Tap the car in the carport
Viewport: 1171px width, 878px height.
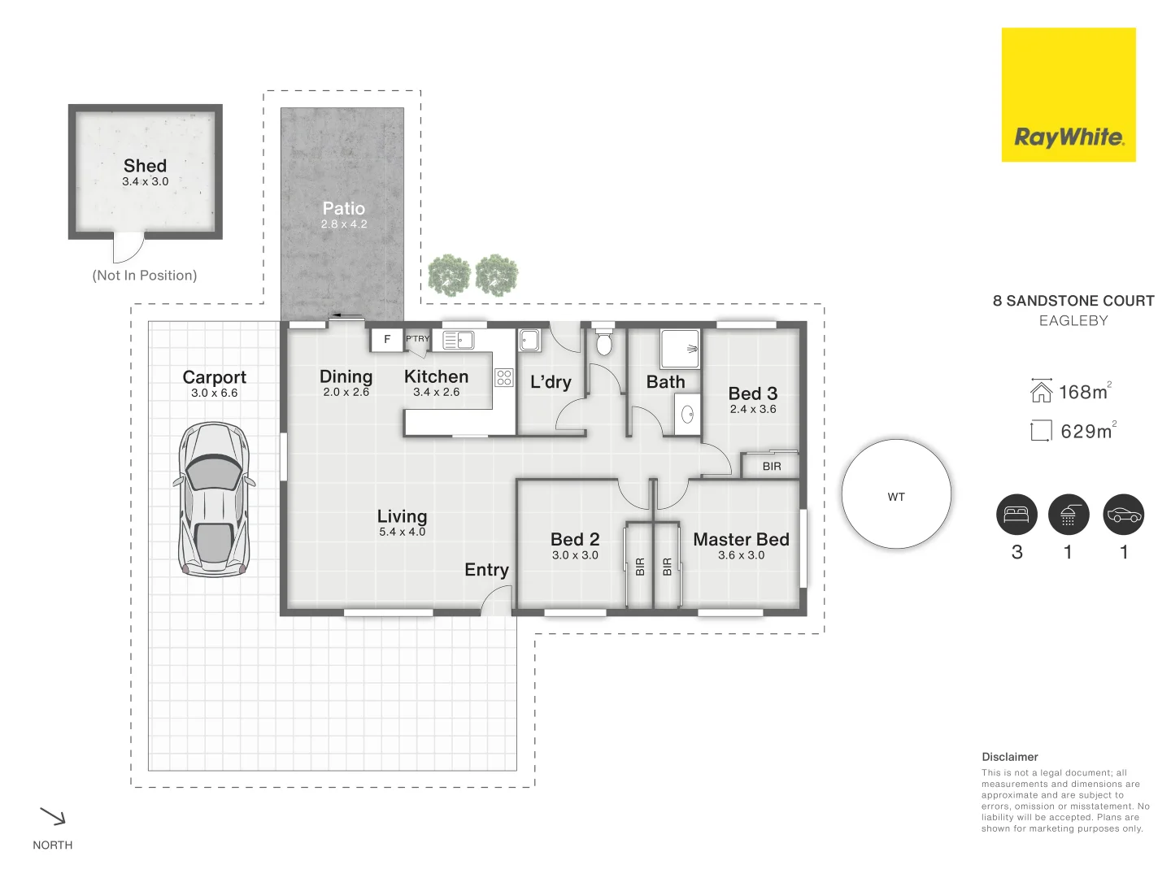(x=213, y=499)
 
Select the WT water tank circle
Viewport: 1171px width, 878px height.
(x=896, y=494)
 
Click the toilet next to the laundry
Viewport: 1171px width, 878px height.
(x=603, y=342)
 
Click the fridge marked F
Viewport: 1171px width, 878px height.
(x=387, y=339)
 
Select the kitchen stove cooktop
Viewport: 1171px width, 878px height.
(x=504, y=377)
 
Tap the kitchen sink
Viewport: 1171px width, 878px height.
(x=459, y=339)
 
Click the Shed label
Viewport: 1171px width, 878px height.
(x=145, y=166)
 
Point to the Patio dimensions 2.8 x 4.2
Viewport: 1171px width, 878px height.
(x=344, y=224)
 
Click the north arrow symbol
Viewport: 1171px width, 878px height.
(x=53, y=816)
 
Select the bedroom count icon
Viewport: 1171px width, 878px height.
(x=1016, y=515)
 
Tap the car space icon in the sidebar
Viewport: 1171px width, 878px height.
(x=1124, y=515)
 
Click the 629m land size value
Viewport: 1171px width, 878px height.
(x=1086, y=432)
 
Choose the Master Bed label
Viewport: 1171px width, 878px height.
(x=741, y=540)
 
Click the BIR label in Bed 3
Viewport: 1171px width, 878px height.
(x=772, y=467)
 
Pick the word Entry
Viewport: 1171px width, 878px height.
(x=486, y=570)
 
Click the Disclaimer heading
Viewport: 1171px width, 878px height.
(x=1009, y=757)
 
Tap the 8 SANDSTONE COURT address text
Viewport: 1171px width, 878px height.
(x=1073, y=301)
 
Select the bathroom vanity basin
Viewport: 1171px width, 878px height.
(x=688, y=415)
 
